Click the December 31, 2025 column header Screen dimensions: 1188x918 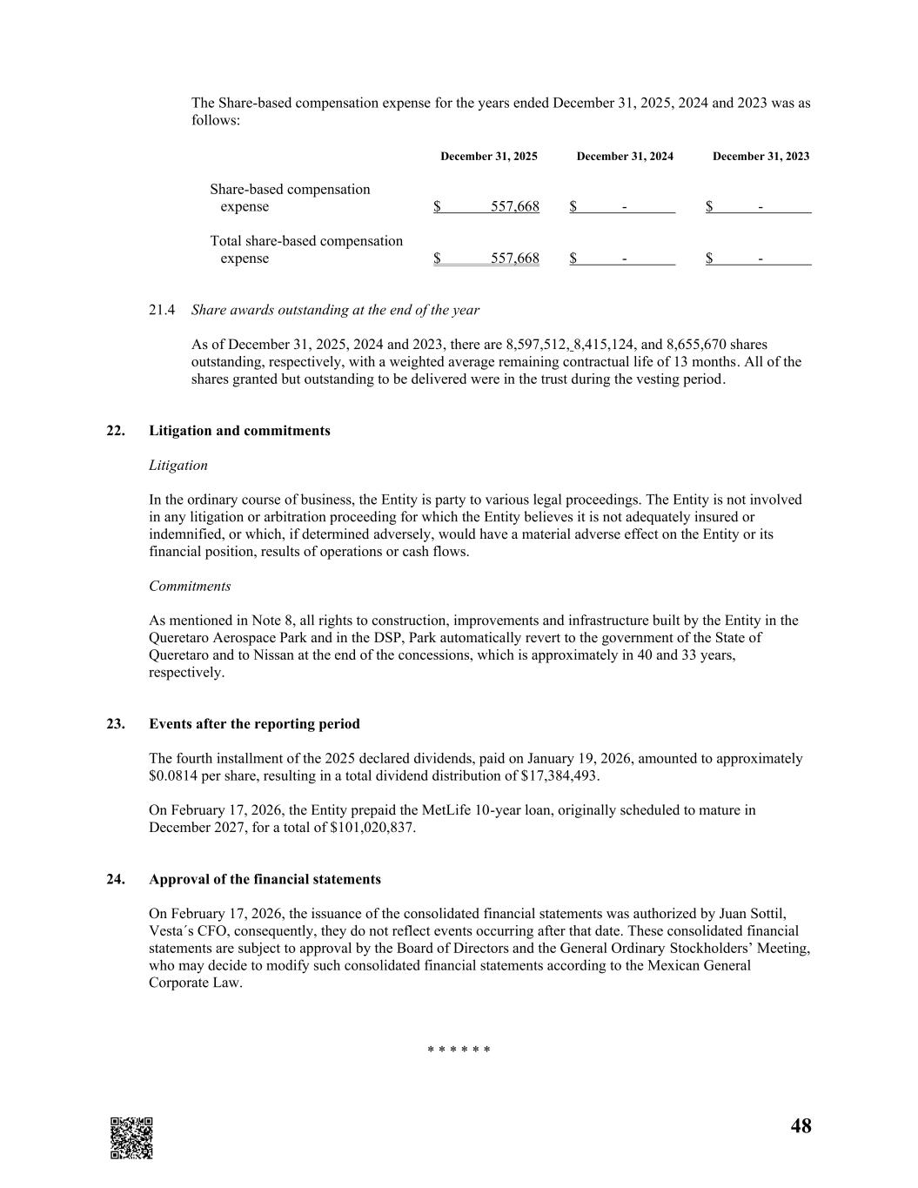coord(488,157)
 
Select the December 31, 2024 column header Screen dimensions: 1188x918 coord(624,157)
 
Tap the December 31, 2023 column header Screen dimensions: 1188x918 coord(761,157)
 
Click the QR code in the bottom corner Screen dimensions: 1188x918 coord(131,1138)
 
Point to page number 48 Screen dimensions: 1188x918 coord(801,1126)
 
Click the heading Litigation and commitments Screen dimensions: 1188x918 coord(239,431)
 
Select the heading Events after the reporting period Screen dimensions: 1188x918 coord(254,724)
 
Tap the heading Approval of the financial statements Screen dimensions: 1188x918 coord(265,879)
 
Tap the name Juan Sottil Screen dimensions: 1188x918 coord(753,914)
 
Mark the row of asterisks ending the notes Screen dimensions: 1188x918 coord(459,1050)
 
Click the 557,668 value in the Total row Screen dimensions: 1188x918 coord(514,258)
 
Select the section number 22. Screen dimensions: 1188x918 coord(115,431)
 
